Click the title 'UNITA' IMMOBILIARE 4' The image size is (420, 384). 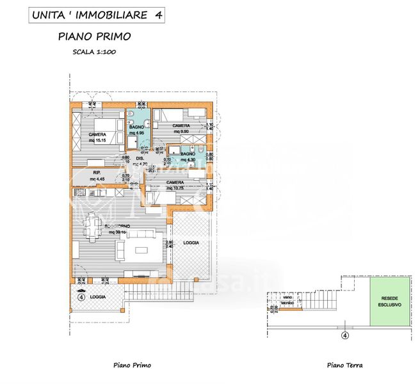click(93, 14)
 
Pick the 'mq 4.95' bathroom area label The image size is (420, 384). click(136, 133)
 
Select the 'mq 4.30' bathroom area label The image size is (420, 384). click(187, 159)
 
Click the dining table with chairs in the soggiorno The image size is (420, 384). click(93, 228)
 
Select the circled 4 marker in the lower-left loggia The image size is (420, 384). click(81, 296)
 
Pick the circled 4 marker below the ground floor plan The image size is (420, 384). click(344, 334)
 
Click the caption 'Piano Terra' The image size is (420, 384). click(344, 365)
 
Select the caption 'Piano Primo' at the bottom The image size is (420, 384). click(132, 365)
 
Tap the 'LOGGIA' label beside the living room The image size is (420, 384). click(191, 243)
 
